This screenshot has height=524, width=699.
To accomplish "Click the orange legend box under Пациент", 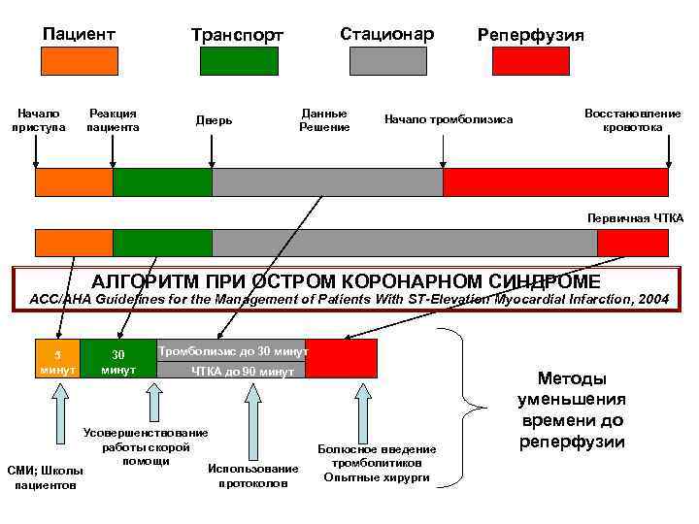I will tap(80, 61).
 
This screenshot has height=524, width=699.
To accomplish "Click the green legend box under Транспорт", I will tap(238, 61).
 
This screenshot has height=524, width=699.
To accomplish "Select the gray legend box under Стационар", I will tap(387, 61).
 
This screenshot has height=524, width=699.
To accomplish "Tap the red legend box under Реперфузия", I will tap(531, 61).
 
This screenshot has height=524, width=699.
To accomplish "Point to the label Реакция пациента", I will tap(113, 120).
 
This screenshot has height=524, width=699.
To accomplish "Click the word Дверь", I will tap(214, 120).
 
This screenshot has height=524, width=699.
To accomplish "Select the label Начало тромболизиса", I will tap(449, 119).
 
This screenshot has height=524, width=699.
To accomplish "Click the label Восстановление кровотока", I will tap(632, 120).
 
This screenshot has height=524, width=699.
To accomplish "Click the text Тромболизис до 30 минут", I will tap(233, 350).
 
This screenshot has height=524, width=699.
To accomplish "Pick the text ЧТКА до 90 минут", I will tap(243, 372).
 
